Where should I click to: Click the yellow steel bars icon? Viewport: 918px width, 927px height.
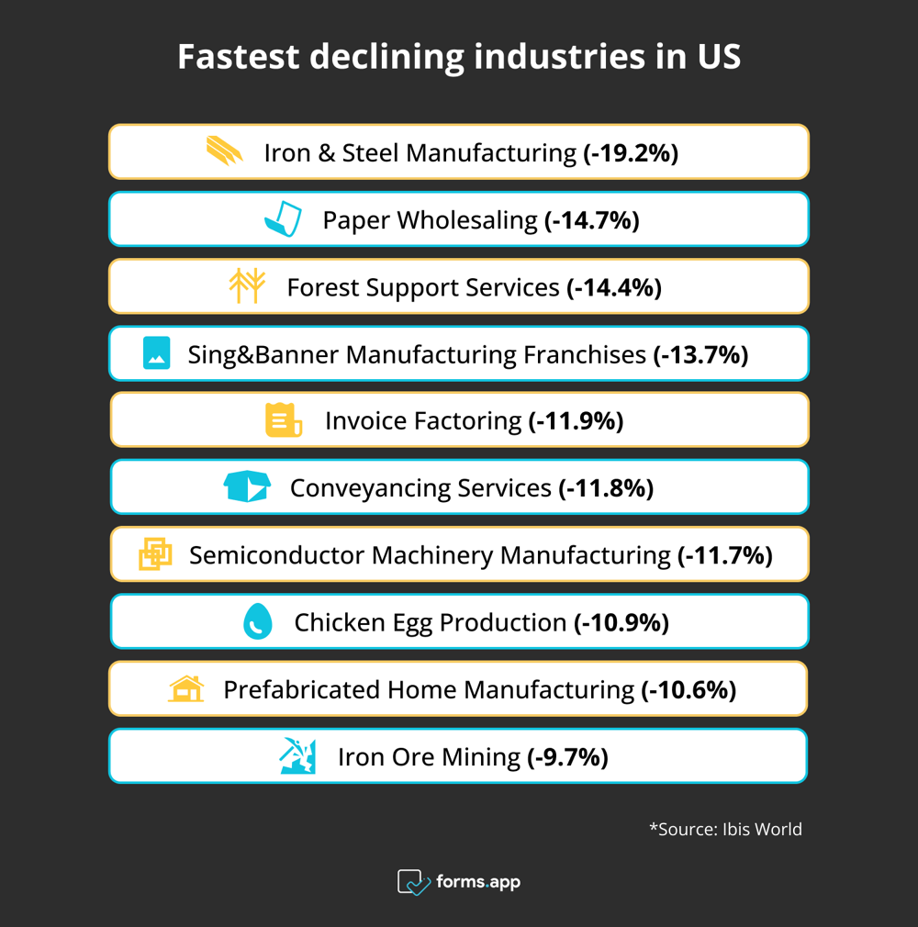225,151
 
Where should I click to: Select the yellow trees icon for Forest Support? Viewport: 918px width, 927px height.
247,286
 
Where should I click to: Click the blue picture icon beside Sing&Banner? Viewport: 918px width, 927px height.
157,353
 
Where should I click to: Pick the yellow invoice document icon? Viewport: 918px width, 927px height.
283,420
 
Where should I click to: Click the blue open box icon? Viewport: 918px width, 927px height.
247,487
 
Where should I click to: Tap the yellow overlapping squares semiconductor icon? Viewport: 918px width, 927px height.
155,554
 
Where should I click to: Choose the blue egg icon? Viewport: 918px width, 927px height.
258,621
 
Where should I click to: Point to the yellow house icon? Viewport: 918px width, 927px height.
186,688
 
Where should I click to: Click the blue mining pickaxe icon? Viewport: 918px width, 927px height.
297,756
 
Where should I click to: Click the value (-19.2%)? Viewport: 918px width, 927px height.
631,152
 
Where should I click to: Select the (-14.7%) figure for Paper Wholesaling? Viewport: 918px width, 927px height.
591,220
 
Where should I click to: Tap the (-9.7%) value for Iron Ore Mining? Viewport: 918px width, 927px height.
567,757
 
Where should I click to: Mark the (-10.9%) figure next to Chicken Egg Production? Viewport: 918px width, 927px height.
621,622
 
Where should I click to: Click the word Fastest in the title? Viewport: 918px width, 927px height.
238,57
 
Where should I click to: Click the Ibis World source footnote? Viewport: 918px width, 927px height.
725,829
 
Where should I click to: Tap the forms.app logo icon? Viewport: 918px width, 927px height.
413,882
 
